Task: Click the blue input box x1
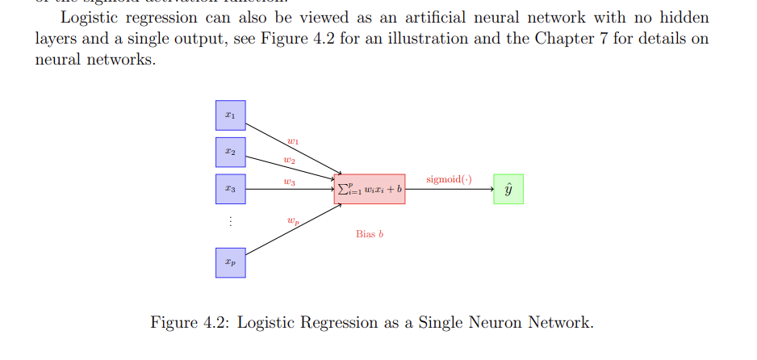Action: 230,115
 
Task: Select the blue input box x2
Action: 230,152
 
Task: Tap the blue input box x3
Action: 230,189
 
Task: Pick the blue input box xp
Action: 230,262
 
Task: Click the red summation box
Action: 370,189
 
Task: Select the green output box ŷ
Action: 508,189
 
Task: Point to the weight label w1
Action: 293,141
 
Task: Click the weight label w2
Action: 289,161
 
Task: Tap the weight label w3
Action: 289,182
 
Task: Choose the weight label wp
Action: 293,219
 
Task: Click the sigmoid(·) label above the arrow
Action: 449,178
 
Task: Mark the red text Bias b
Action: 370,234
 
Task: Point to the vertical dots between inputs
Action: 230,221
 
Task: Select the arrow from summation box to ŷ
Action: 449,189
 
